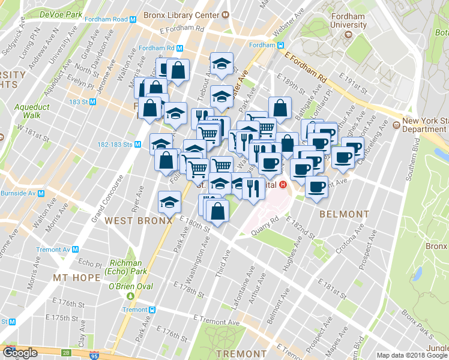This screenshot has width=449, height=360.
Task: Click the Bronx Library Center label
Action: tap(181, 13)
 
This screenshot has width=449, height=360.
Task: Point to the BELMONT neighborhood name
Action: tap(344, 214)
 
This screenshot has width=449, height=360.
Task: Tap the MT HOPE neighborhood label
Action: tap(75, 278)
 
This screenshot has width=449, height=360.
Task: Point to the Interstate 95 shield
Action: tap(92, 354)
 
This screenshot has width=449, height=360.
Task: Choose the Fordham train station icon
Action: tap(280, 46)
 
